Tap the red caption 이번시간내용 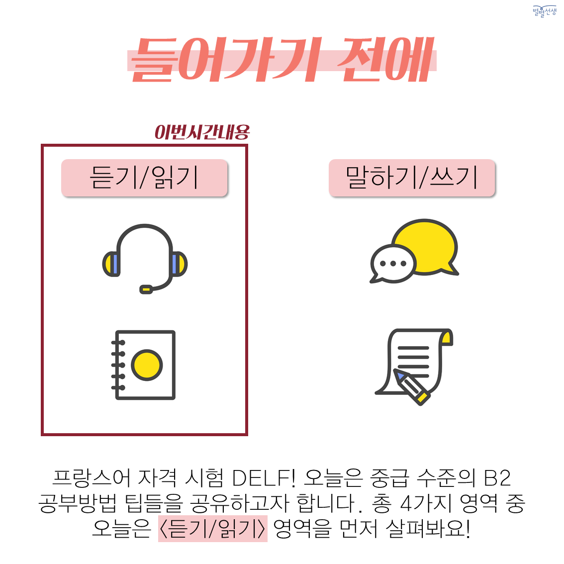click(202, 132)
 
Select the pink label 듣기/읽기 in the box click(144, 178)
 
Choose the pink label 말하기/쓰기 click(412, 178)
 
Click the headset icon click(145, 259)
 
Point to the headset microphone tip click(146, 289)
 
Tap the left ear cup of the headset click(111, 264)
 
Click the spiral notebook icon click(143, 365)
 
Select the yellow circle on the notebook click(147, 365)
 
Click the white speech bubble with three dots click(393, 264)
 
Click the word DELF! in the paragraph click(264, 478)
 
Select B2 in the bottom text click(497, 478)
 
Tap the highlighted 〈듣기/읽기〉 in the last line click(212, 528)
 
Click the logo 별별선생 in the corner click(545, 11)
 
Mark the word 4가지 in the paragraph click(426, 503)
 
